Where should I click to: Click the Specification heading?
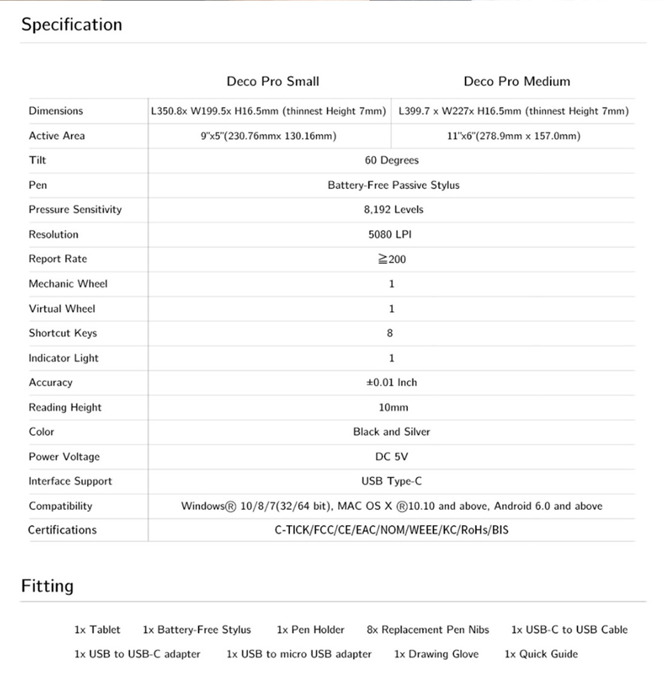click(x=71, y=24)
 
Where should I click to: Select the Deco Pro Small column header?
click(x=273, y=81)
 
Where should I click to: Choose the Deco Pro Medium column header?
click(x=517, y=81)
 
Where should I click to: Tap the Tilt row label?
click(x=37, y=160)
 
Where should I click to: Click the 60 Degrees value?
click(x=391, y=160)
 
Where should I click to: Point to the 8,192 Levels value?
click(x=393, y=209)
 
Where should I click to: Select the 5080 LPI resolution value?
click(x=390, y=234)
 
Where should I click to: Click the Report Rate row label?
click(x=58, y=259)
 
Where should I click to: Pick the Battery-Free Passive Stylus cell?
click(x=393, y=185)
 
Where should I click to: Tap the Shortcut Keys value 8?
click(x=390, y=333)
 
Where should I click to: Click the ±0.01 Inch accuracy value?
click(x=391, y=382)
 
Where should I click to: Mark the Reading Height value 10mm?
click(x=393, y=407)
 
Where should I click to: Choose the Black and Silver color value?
click(x=391, y=432)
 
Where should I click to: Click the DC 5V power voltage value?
click(x=391, y=456)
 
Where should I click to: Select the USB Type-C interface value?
click(x=391, y=481)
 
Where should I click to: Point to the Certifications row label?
click(x=62, y=530)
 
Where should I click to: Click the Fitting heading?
click(x=47, y=586)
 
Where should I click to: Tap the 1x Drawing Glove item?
click(x=436, y=654)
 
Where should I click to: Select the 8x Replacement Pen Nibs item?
click(x=427, y=630)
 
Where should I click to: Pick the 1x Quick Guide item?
click(x=541, y=654)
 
